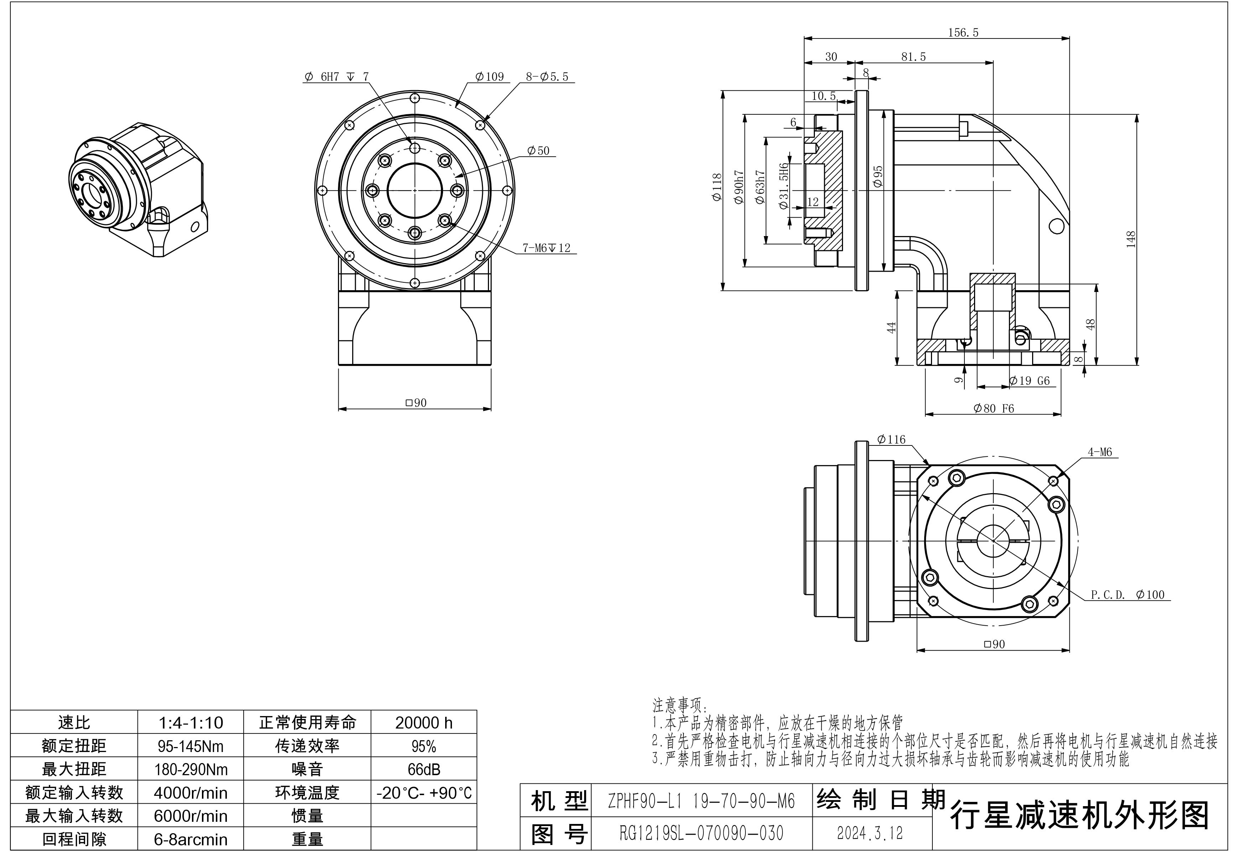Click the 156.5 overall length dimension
point(963,33)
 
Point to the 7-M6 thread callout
point(546,248)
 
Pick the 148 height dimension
point(1131,239)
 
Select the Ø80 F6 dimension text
point(993,408)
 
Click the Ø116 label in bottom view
point(891,439)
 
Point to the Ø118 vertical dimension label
point(717,187)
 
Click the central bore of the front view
point(414,190)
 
